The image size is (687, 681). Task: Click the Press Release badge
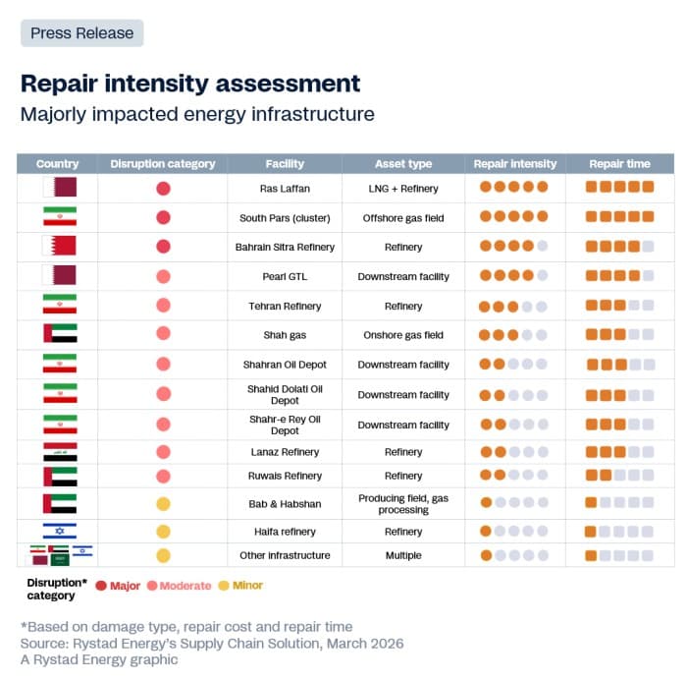pyautogui.click(x=81, y=33)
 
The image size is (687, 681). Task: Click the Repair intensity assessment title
pyautogui.click(x=190, y=84)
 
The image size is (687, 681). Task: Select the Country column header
pyautogui.click(x=57, y=164)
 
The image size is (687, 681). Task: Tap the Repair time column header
pyautogui.click(x=619, y=164)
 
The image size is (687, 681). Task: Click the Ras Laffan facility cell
pyautogui.click(x=285, y=188)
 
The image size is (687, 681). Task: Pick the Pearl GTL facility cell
pyautogui.click(x=285, y=276)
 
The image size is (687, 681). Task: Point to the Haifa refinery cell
pyautogui.click(x=285, y=532)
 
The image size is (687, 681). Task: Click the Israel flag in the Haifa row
pyautogui.click(x=59, y=532)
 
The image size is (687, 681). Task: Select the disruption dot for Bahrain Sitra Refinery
pyautogui.click(x=163, y=247)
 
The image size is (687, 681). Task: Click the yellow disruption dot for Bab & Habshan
pyautogui.click(x=163, y=504)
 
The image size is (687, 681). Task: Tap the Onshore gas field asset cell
pyautogui.click(x=403, y=335)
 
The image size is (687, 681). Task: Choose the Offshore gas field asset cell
pyautogui.click(x=403, y=217)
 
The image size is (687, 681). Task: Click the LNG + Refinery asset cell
pyautogui.click(x=403, y=188)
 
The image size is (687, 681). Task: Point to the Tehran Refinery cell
pyautogui.click(x=285, y=306)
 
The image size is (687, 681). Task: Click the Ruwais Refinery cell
pyautogui.click(x=285, y=476)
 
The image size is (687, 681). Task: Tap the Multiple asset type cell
pyautogui.click(x=403, y=555)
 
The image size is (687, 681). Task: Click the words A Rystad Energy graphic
pyautogui.click(x=99, y=660)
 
